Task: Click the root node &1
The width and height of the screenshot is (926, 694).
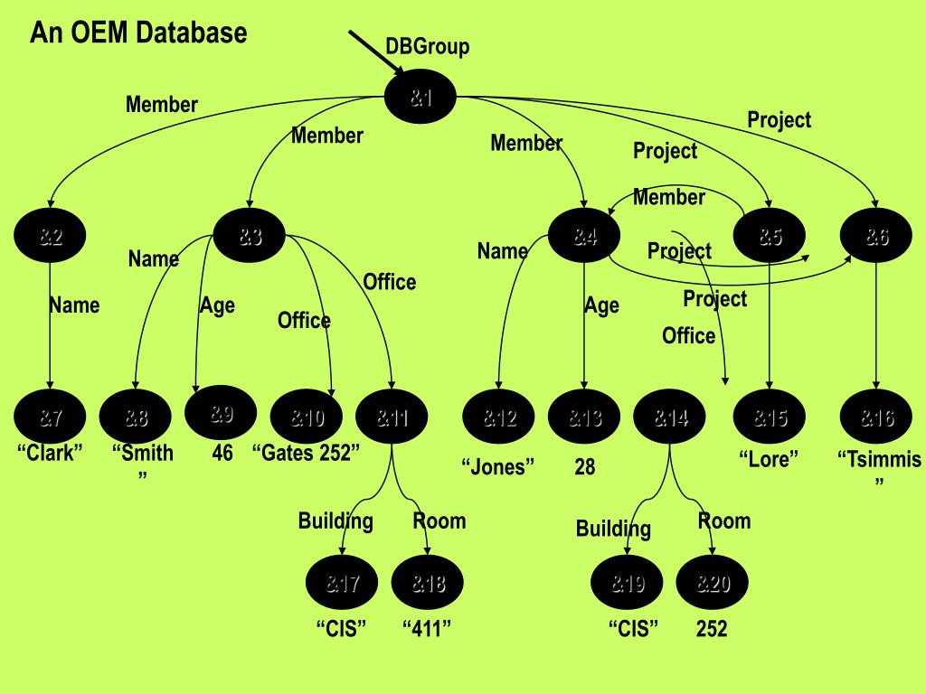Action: [420, 97]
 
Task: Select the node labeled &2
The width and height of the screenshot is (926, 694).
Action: [50, 237]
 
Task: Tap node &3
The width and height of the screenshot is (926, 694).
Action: [250, 237]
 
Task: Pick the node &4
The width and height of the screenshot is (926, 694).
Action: [584, 237]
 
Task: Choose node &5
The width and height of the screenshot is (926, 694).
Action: [770, 237]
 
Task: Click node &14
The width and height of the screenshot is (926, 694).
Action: [670, 417]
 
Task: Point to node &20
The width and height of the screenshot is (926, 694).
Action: [713, 583]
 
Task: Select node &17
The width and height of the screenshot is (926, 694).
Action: [343, 583]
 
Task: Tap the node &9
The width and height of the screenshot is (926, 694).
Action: [222, 414]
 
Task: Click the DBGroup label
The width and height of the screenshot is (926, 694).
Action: [428, 46]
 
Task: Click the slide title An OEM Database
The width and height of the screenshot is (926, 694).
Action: [138, 33]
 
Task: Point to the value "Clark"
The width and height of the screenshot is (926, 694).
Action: [51, 453]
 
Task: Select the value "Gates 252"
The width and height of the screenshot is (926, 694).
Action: [306, 453]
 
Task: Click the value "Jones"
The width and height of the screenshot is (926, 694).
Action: [498, 467]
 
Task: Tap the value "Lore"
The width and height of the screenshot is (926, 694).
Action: [770, 459]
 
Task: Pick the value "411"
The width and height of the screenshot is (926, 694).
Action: [427, 629]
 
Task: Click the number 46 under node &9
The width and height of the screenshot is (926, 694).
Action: [222, 453]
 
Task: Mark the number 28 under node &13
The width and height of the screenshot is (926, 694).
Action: [585, 467]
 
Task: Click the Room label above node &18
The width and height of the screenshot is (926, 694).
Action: [439, 520]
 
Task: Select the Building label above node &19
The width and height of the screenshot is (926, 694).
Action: [613, 529]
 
